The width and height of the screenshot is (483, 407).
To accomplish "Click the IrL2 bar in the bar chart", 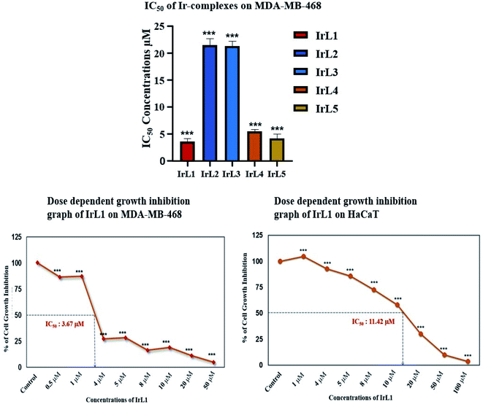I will (210, 102).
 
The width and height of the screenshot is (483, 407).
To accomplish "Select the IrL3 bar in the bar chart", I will (232, 103).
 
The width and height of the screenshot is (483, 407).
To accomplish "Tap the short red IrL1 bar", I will (187, 151).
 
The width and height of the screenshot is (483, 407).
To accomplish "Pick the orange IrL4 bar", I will (254, 147).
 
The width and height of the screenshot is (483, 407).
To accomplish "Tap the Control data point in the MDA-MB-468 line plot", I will (37, 263).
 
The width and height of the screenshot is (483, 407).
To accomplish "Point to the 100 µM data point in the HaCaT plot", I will (466, 361).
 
